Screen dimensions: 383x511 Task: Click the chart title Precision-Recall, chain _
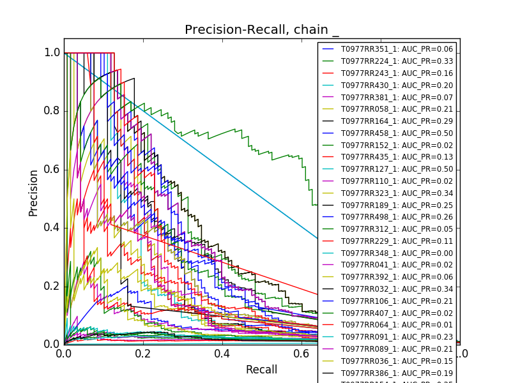(262, 30)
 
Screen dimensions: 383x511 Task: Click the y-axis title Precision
(33, 193)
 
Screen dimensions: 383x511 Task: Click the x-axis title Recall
(261, 370)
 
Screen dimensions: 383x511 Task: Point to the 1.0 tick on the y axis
(52, 53)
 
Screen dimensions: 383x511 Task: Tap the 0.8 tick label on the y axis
(52, 111)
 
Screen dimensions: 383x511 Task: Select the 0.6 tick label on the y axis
(52, 169)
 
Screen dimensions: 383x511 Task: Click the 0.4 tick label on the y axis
(52, 228)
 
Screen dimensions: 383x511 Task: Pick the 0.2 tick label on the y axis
(52, 286)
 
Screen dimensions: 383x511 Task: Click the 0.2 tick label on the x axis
(143, 354)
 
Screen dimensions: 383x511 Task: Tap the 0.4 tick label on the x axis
(222, 354)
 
